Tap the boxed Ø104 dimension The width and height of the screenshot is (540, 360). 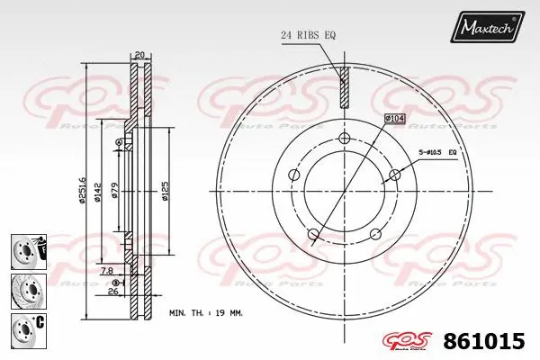coord(396,118)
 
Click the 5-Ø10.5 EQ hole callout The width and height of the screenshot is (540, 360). coord(438,154)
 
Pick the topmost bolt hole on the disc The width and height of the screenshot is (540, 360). coord(344,138)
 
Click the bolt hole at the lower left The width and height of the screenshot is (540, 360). coord(313,236)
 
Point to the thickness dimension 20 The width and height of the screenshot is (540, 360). coord(139,54)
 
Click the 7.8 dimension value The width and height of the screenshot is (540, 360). coord(106,270)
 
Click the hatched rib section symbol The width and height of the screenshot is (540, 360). coord(342,89)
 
